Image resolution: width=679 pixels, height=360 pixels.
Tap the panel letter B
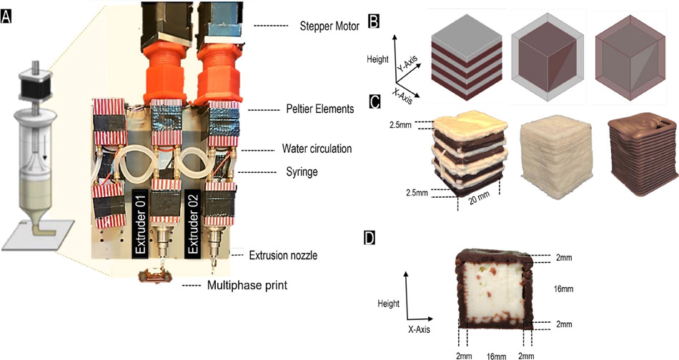point(373,21)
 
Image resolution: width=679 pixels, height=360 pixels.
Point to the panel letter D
point(370,236)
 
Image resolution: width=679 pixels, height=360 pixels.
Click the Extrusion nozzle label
point(283,254)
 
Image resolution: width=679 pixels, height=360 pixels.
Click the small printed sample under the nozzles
point(154,276)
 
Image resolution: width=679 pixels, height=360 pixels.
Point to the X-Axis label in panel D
point(420,331)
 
